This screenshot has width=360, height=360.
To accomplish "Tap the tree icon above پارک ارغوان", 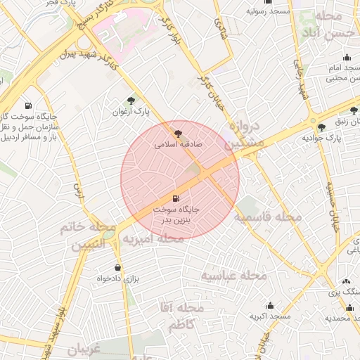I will (131, 101).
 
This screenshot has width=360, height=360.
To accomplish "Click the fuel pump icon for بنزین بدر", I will (176, 198).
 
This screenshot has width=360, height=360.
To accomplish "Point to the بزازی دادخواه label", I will (117, 278).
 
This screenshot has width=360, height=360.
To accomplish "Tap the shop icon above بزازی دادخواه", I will (117, 267).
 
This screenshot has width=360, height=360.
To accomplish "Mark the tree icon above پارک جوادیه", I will (321, 127).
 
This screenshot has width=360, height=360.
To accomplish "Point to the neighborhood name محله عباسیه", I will (235, 275).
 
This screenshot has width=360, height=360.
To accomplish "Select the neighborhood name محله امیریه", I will (153, 239).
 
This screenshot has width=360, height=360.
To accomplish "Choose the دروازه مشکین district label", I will (245, 134).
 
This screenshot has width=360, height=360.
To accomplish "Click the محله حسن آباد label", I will (324, 25).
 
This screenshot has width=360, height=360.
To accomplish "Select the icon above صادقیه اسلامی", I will (176, 131).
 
